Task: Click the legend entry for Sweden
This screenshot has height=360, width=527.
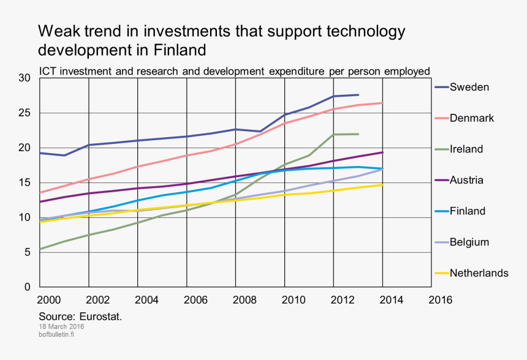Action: click(469, 87)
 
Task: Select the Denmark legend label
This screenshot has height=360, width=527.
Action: click(472, 118)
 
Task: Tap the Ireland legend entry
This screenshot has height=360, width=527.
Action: click(466, 149)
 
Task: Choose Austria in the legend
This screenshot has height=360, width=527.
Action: click(466, 180)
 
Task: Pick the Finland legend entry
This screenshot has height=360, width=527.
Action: click(468, 211)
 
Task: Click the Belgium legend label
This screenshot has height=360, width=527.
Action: click(469, 242)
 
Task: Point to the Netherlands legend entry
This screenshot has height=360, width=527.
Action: click(479, 273)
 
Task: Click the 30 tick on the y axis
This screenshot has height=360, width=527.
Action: click(25, 78)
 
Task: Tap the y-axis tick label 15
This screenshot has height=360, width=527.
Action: click(25, 182)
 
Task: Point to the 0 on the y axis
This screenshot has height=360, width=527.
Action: click(28, 287)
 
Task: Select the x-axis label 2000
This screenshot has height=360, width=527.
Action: click(49, 300)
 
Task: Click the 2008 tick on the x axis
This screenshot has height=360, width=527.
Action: click(245, 300)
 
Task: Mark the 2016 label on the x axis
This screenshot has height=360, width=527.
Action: click(440, 300)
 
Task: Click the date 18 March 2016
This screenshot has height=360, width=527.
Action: click(61, 327)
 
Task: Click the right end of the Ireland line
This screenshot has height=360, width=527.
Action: click(358, 134)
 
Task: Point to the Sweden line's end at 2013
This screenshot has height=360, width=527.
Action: click(358, 95)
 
